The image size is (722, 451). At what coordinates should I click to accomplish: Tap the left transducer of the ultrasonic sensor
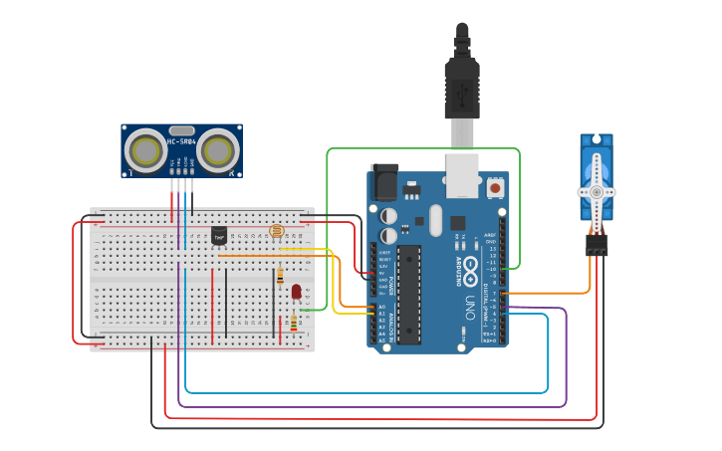(x=147, y=151)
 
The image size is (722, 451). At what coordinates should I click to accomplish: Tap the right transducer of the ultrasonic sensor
(x=216, y=151)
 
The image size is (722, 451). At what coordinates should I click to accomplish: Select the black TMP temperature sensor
(x=219, y=236)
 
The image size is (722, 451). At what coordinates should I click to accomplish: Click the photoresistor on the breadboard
(x=276, y=232)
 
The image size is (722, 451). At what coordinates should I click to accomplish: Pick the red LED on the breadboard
(x=296, y=291)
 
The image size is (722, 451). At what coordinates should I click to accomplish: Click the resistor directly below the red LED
(x=293, y=322)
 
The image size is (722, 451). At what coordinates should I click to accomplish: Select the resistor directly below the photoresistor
(x=281, y=276)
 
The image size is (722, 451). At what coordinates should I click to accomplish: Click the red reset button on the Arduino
(x=495, y=186)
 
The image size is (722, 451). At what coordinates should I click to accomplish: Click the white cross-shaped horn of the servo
(x=596, y=190)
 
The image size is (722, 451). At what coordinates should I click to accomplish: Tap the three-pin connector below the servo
(x=597, y=245)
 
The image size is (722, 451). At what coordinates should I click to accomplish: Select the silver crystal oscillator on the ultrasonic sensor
(x=181, y=130)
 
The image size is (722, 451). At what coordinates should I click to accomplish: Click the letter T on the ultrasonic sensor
(x=130, y=173)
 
